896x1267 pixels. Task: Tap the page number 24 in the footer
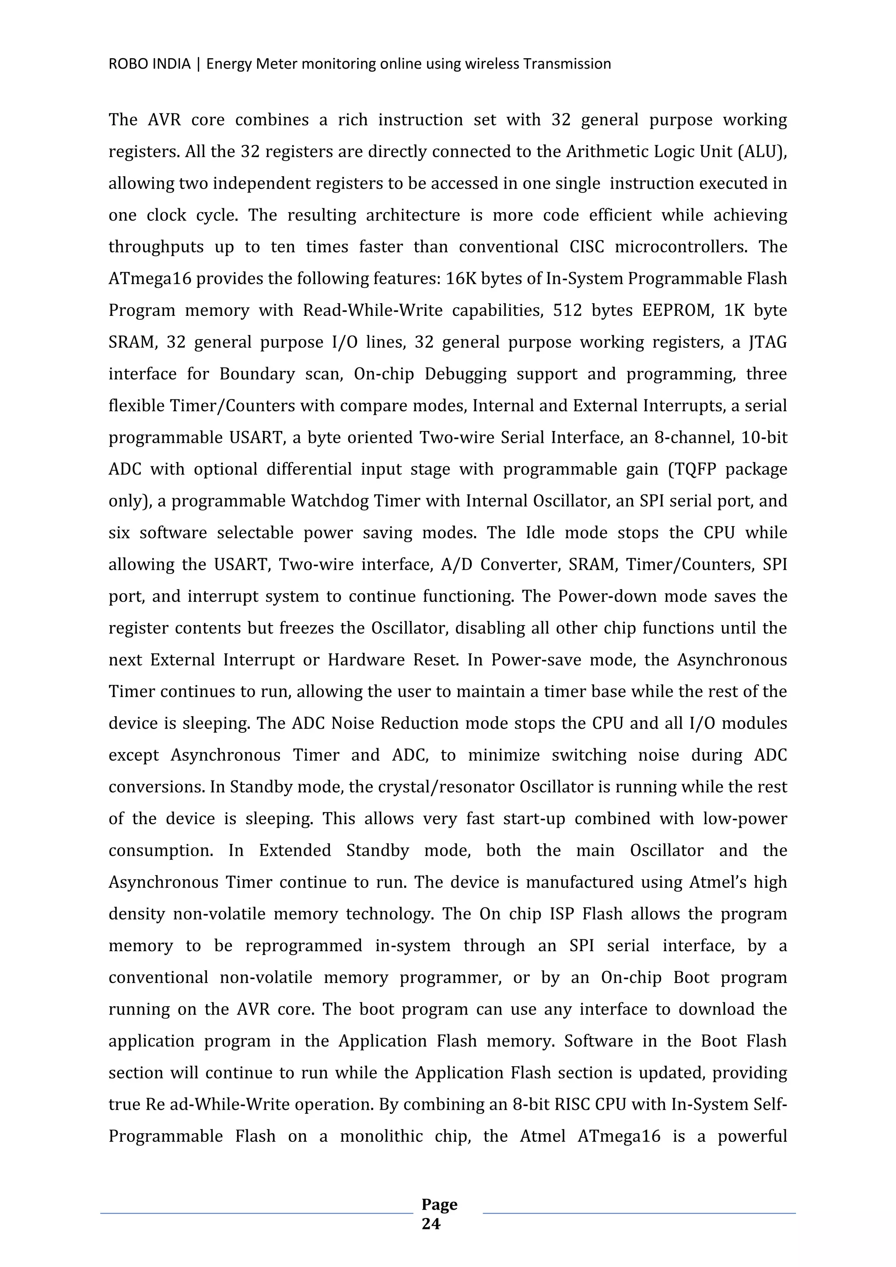coord(431,1224)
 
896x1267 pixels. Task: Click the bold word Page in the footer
coord(439,1204)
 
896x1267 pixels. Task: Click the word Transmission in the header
coord(567,64)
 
